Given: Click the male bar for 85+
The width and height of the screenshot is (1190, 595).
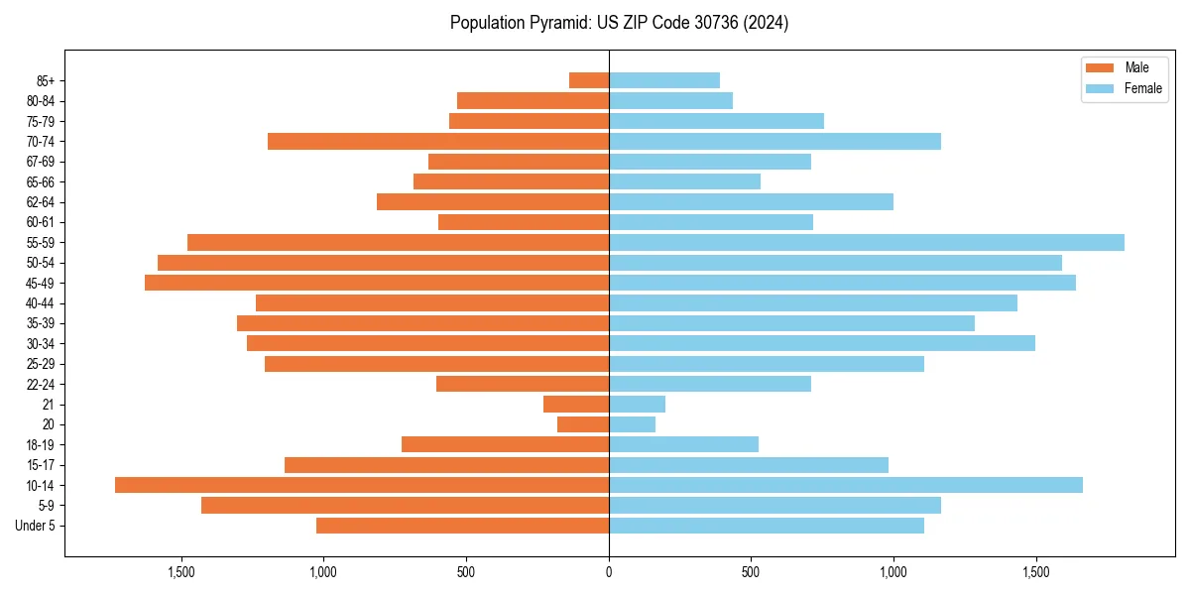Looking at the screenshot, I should pos(589,80).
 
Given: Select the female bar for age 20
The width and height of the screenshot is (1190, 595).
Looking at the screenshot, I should pos(633,424).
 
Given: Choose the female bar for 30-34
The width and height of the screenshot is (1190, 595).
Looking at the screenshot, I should pos(822,343).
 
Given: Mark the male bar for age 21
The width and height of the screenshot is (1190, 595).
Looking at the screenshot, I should pos(576,404).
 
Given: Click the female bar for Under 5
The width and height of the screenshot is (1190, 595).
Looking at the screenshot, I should pos(767,526).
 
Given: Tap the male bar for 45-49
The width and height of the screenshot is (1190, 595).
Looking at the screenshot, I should pos(377,283).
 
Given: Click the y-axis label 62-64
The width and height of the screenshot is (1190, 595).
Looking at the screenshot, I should pos(41,202).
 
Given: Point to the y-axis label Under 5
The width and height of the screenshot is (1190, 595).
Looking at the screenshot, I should pos(36,526).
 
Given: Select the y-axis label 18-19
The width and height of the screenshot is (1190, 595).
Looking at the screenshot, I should pos(41,444).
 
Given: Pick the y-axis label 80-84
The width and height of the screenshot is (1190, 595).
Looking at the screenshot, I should pos(41,100).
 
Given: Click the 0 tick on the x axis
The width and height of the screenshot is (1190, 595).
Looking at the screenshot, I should pos(609,572).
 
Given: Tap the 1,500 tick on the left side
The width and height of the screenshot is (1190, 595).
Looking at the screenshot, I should pos(181,572).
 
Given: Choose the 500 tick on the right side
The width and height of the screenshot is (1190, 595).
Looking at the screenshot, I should pos(752,572).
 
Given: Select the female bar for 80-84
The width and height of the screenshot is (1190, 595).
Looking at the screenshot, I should pos(671,100).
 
